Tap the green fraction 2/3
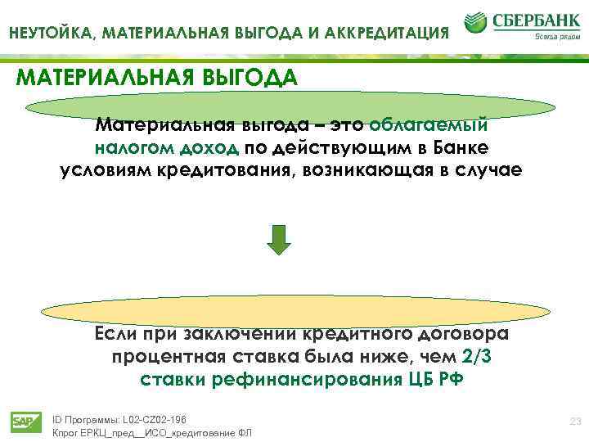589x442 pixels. (x=478, y=358)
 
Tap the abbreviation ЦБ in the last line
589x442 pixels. (x=417, y=380)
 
